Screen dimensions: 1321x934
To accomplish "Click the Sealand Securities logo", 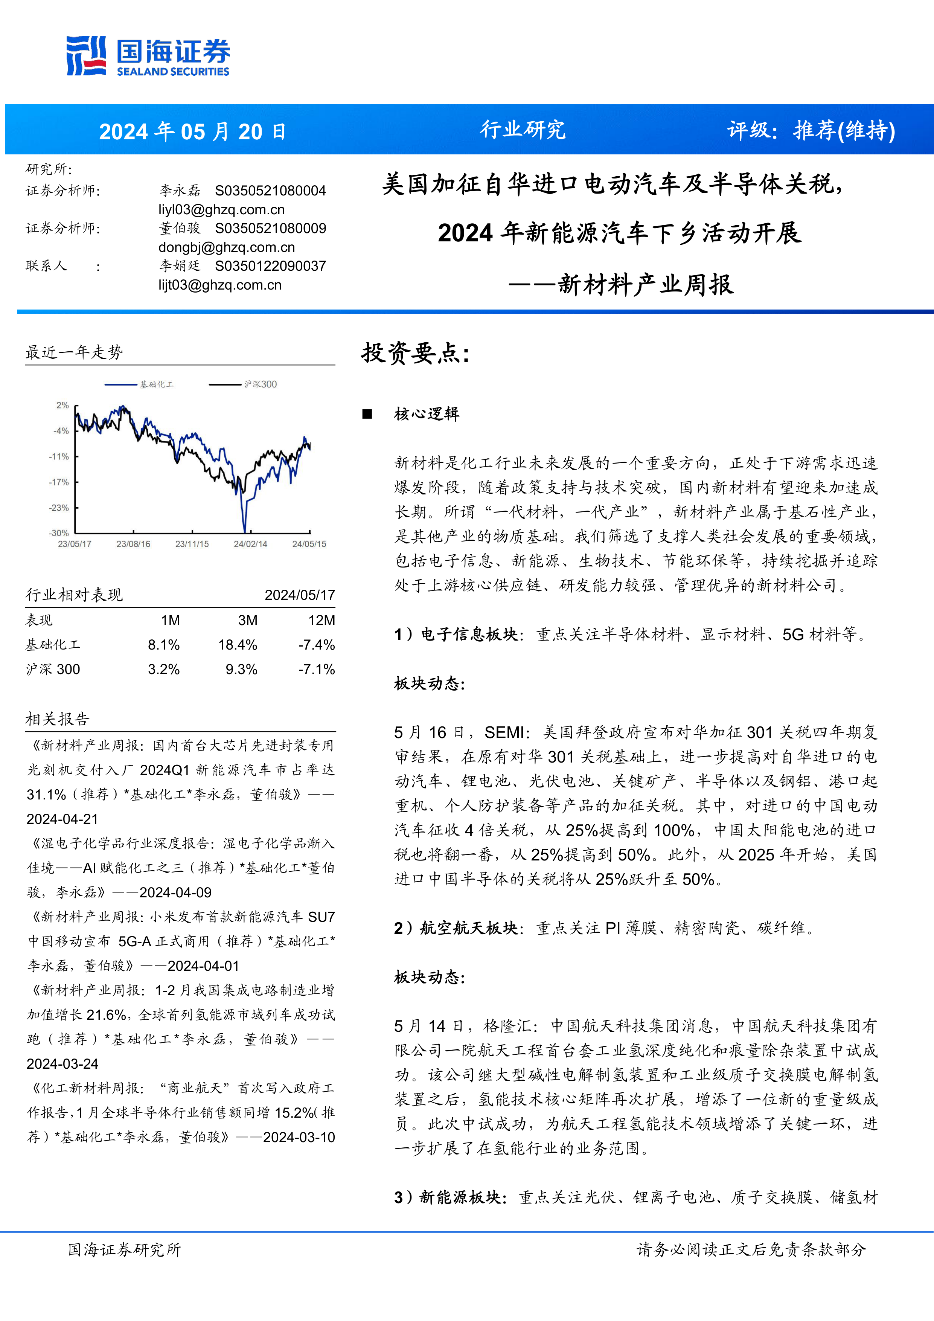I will pos(148,56).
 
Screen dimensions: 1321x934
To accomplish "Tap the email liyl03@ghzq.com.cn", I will pos(221,209).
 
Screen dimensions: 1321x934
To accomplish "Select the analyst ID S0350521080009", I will pos(270,229).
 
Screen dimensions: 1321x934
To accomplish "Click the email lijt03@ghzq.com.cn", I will pos(220,285).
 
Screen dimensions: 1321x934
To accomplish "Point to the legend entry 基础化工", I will pos(157,384).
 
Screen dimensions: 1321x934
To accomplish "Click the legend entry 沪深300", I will pos(260,384).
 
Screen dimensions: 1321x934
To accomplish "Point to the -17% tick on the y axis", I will pos(59,482).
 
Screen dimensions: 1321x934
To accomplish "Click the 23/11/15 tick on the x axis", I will pos(192,544).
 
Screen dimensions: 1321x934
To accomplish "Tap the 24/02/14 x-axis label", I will pos(250,544).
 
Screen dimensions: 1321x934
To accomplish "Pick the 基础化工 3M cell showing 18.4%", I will pos(238,645).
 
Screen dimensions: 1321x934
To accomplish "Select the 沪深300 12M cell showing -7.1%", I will pos(316,669).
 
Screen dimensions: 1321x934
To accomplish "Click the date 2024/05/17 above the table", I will pos(300,595).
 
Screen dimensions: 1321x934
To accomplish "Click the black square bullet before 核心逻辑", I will pos(367,414).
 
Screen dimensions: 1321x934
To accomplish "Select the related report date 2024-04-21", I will pos(62,819).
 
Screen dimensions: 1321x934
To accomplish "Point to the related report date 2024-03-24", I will pos(62,1064).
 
